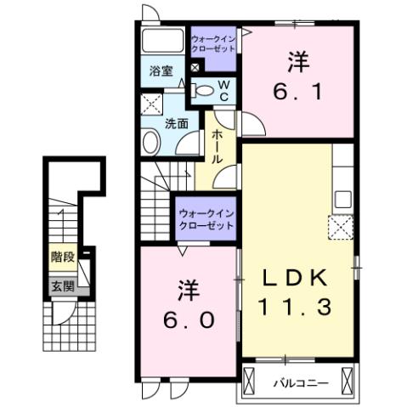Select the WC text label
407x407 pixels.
[222, 91]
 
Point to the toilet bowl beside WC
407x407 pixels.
[201, 90]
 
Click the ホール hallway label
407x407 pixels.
[218, 146]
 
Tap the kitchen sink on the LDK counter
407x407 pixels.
[342, 199]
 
